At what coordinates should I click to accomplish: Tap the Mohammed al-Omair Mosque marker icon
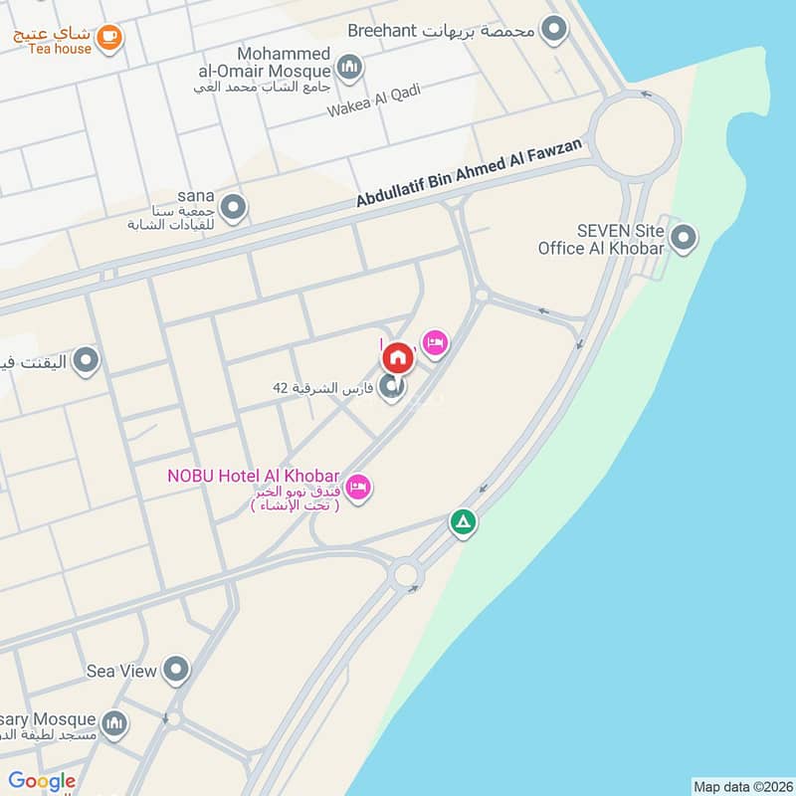tap(348, 69)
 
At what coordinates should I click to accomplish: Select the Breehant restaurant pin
tap(553, 30)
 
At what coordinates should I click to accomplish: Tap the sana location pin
tap(233, 208)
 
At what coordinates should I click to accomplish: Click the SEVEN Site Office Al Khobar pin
tap(684, 238)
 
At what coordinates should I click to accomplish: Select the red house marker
tap(397, 357)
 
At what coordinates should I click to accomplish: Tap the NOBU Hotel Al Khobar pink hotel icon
tap(359, 487)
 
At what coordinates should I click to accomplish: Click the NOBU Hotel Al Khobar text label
tap(253, 475)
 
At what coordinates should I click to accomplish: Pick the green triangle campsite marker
tap(463, 521)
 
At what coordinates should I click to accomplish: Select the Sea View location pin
tap(176, 670)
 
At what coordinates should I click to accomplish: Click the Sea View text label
tap(121, 671)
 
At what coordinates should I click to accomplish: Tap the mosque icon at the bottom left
tap(114, 721)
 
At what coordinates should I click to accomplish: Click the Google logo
tap(42, 781)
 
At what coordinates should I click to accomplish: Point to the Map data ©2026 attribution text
tap(741, 786)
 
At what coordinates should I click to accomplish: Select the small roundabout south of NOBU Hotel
tap(405, 573)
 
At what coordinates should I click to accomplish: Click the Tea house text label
tap(59, 48)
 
